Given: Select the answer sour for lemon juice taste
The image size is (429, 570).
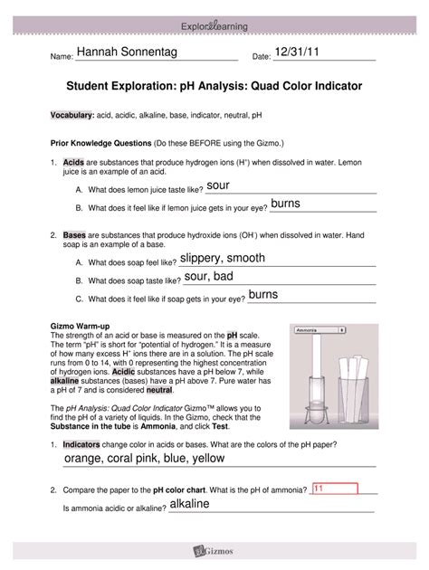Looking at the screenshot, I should pyautogui.click(x=220, y=185).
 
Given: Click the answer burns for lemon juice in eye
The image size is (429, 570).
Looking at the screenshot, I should pyautogui.click(x=286, y=204).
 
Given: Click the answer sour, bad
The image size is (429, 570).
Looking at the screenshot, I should pyautogui.click(x=209, y=276).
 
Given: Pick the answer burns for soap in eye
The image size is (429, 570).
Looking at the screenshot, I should pyautogui.click(x=263, y=295).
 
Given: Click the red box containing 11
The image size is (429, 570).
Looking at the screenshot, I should pyautogui.click(x=334, y=489).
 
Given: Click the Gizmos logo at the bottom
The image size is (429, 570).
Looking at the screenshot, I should pyautogui.click(x=214, y=549).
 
